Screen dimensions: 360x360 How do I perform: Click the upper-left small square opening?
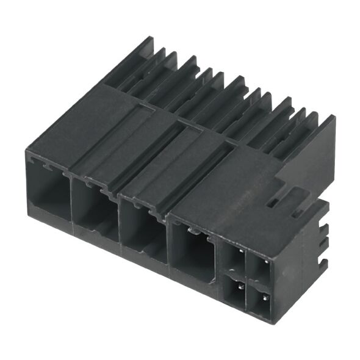pyautogui.click(x=233, y=256)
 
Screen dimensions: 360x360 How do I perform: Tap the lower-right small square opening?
pyautogui.click(x=261, y=300)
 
